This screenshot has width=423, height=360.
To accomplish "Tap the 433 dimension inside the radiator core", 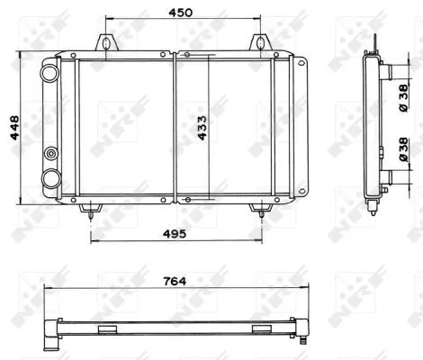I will [x=201, y=126].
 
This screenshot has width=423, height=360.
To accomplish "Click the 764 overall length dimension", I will [x=176, y=282].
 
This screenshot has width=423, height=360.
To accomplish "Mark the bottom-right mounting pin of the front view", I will [x=261, y=210].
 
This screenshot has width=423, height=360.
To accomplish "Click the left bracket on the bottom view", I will [x=108, y=328].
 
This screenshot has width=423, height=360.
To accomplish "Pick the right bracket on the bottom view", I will [x=261, y=328].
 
